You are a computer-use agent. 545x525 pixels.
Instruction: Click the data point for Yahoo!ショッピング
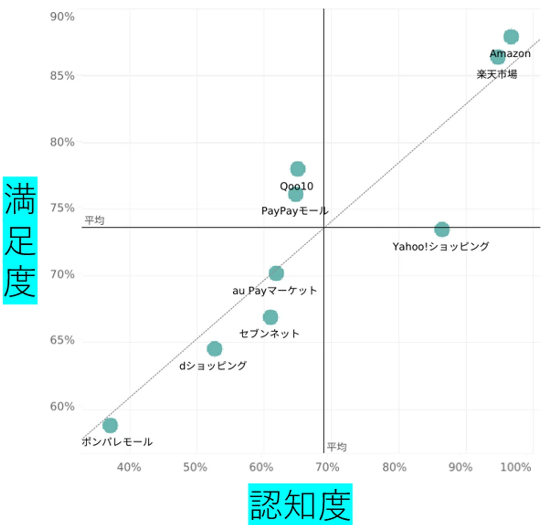441,229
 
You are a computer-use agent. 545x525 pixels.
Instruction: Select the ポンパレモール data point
110,426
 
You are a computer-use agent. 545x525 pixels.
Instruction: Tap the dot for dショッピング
214,349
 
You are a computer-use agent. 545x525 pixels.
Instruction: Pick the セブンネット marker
270,317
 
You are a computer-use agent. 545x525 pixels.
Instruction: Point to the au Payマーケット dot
276,273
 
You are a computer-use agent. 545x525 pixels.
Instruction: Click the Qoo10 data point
297,169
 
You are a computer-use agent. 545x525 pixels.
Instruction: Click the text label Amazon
510,54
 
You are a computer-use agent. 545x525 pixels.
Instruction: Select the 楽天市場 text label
497,74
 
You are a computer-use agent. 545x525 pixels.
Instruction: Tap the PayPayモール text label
295,211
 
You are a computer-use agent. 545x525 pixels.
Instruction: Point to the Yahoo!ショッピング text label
441,247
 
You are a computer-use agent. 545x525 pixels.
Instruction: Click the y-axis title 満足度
20,240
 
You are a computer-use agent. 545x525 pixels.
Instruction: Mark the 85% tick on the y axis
62,76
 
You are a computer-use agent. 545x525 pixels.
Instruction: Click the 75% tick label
62,208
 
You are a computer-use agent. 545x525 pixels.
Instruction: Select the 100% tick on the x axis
515,467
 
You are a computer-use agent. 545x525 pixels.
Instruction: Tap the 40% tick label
129,467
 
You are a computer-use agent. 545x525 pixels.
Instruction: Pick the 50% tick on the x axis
195,467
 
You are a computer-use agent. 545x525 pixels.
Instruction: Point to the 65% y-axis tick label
62,340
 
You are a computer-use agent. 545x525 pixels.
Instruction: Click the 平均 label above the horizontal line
94,220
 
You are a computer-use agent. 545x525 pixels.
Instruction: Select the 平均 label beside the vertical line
337,447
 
